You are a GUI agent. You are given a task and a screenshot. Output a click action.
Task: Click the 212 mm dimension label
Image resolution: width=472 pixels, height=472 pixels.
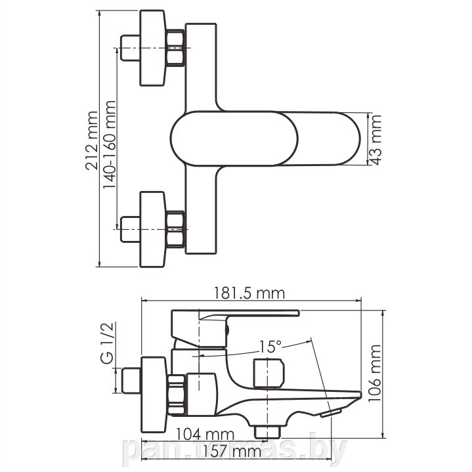tap(92, 140)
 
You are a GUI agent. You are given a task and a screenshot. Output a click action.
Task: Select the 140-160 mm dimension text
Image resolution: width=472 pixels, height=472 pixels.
tap(109, 145)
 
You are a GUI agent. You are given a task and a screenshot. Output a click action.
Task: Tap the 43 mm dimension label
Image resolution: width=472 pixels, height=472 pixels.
tap(376, 140)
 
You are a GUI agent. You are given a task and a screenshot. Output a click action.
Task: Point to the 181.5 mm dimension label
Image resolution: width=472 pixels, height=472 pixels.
tap(249, 293)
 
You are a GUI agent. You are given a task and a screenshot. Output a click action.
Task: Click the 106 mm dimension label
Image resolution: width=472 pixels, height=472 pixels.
tap(375, 373)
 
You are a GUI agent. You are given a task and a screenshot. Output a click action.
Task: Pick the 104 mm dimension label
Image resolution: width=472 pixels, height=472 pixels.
tap(205, 434)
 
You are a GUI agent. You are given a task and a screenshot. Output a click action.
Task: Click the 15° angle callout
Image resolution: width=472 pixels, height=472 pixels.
tap(270, 347)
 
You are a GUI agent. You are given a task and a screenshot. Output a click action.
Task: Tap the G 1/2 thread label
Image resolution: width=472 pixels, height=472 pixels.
tap(107, 343)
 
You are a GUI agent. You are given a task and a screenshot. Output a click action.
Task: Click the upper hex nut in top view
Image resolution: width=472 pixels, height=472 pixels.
tap(175, 47)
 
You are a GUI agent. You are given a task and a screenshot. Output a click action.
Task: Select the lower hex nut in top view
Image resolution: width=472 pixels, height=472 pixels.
tap(175, 229)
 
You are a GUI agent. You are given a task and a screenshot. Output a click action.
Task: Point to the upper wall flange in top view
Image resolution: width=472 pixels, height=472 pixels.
tap(152, 48)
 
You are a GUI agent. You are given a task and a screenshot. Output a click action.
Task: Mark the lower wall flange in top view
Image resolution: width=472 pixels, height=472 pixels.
tap(152, 229)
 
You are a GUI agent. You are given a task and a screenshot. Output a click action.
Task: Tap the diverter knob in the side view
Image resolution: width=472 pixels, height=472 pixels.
tap(269, 373)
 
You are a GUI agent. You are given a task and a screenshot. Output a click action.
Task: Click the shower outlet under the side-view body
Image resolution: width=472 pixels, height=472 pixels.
tap(267, 432)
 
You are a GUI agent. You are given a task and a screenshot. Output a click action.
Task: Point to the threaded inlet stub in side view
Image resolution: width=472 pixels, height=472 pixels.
tap(131, 380)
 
